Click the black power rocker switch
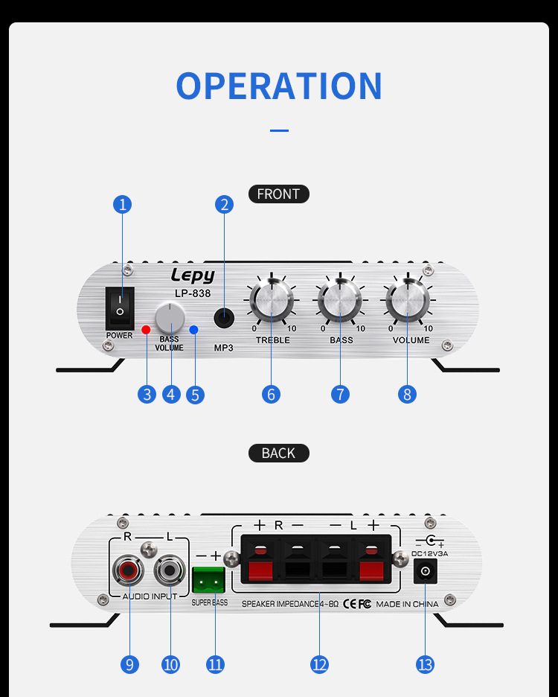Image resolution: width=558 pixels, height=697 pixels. click(119, 306)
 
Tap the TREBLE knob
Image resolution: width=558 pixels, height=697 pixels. click(272, 302)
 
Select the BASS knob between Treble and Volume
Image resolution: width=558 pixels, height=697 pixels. click(340, 302)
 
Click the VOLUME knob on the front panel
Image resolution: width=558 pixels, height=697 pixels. click(408, 302)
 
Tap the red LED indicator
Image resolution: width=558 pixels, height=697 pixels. click(147, 329)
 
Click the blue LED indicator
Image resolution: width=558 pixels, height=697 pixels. click(193, 329)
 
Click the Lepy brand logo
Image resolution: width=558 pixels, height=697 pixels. click(193, 275)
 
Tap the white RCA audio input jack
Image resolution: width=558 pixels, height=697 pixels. click(170, 572)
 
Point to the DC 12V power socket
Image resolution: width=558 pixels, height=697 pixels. click(425, 572)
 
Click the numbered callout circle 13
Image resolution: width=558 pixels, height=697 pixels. click(425, 664)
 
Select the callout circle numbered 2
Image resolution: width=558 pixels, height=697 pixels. click(224, 204)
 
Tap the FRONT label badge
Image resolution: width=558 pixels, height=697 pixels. click(278, 194)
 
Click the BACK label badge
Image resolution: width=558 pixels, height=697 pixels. click(278, 453)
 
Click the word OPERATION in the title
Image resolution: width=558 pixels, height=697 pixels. click(279, 86)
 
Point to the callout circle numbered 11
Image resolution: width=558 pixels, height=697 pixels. click(215, 664)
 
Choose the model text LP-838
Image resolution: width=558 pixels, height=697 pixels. click(193, 293)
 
